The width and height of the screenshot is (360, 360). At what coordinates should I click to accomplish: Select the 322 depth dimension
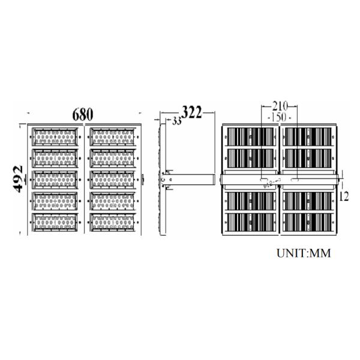tap(192, 112)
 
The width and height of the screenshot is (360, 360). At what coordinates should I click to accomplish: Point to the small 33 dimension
tap(176, 122)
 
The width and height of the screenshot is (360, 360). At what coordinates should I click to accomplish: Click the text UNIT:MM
tap(304, 253)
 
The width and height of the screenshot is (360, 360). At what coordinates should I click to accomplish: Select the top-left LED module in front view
tap(55, 137)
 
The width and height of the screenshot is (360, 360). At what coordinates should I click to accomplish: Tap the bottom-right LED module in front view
tap(113, 223)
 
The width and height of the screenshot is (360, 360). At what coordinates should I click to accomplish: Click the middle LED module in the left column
tap(55, 180)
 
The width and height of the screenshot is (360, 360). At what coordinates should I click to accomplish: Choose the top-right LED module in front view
tap(113, 137)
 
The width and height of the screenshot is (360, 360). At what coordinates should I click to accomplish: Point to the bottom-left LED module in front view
tap(55, 223)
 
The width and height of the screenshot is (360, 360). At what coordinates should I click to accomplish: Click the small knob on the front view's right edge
tap(144, 179)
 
